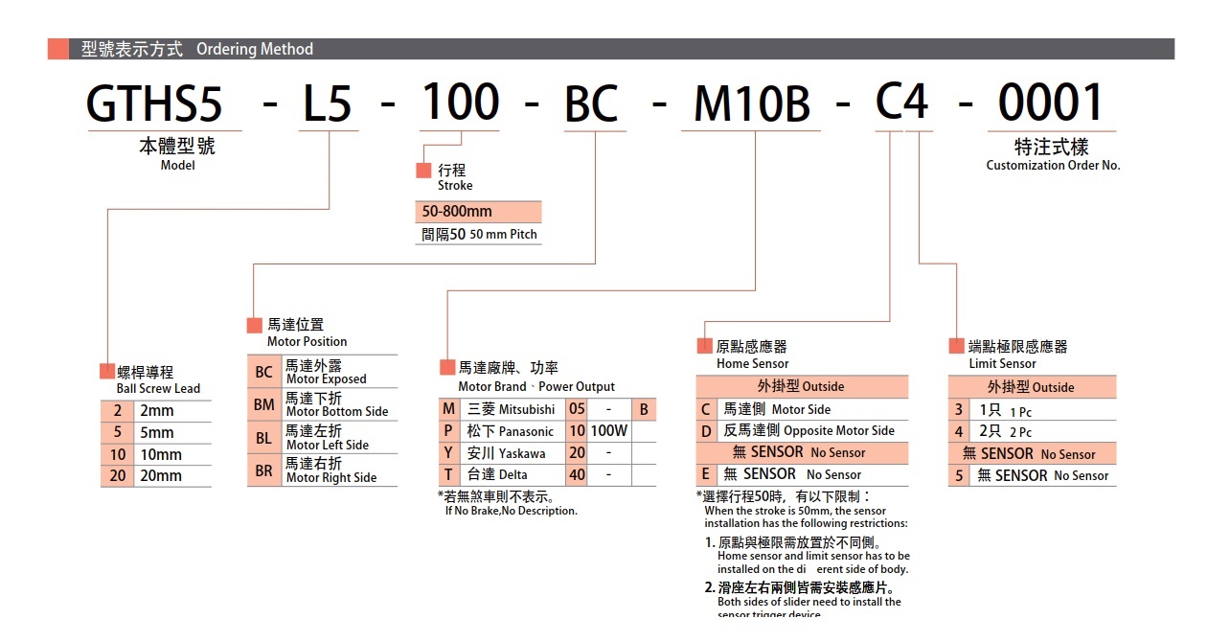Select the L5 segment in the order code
(328, 103)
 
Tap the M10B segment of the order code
(752, 103)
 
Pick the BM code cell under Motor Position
(263, 404)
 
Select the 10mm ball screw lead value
(161, 454)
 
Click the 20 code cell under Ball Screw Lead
(117, 475)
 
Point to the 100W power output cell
(608, 431)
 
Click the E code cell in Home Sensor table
(706, 474)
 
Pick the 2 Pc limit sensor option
(1006, 432)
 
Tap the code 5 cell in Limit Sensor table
(958, 475)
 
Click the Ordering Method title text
(255, 49)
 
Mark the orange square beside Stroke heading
(423, 171)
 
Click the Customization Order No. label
(1053, 165)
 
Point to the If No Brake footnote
(511, 511)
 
